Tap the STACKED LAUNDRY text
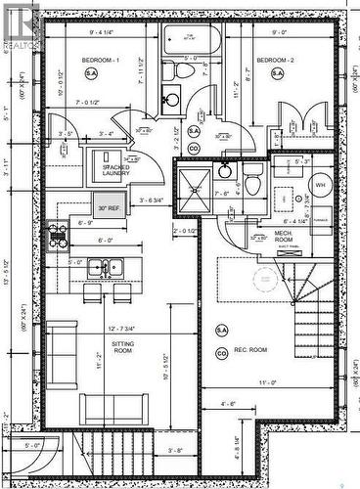point(118,171)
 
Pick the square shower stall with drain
point(194,183)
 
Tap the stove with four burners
point(59,234)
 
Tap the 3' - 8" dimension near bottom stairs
point(149,451)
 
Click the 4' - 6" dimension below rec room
point(229,403)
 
